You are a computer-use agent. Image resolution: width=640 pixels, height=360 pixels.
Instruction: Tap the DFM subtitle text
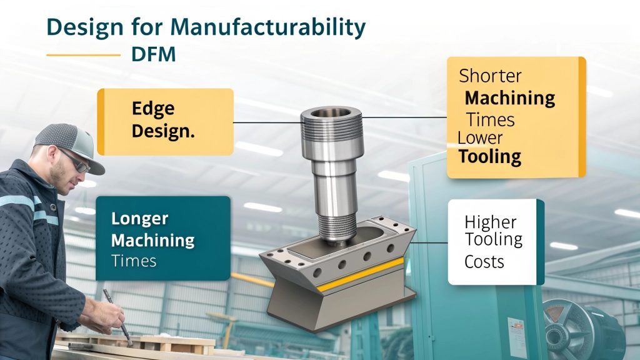[154, 54]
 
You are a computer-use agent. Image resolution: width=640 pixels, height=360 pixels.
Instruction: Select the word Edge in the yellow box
[153, 108]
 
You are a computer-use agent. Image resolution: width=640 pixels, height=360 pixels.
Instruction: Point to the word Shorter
[490, 76]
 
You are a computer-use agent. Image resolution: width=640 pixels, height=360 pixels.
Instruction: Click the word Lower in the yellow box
[480, 137]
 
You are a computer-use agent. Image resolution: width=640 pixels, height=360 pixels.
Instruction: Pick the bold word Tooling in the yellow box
[490, 156]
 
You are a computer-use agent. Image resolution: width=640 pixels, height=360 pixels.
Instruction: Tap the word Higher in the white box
[491, 222]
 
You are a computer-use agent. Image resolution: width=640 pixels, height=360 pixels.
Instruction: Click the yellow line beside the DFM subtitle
[83, 55]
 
